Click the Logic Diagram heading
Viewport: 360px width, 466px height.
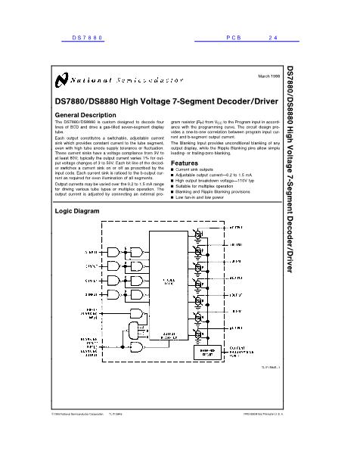[x=78, y=212]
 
